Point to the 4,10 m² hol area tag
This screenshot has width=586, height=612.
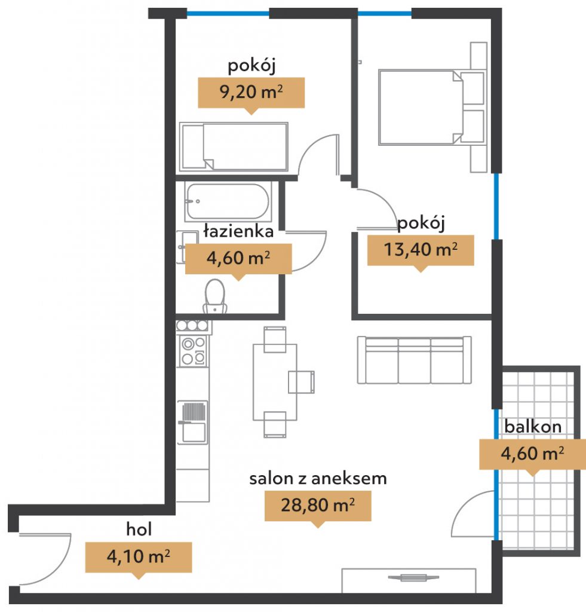click(139, 558)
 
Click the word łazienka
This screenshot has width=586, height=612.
click(238, 231)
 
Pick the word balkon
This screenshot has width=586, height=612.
click(533, 426)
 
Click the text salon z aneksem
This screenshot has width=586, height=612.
click(318, 479)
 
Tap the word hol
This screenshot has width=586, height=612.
click(139, 529)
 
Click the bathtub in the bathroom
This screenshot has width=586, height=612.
click(228, 201)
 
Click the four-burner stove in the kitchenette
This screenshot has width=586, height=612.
click(194, 351)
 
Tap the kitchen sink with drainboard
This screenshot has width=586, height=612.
click(193, 423)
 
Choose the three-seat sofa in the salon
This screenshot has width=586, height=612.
click(415, 360)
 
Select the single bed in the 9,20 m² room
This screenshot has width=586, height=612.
click(234, 147)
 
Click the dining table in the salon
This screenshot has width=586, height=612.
click(275, 382)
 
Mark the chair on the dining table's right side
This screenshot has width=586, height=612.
click(302, 382)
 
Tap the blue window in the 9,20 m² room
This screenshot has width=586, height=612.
click(228, 14)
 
